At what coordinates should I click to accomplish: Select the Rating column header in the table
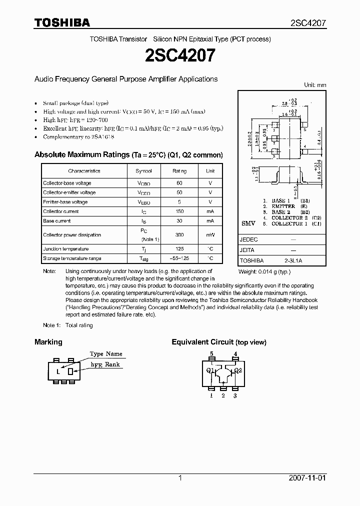pos(179,171)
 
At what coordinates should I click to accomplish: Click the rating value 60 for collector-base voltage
pos(179,183)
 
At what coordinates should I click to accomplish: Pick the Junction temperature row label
pos(65,249)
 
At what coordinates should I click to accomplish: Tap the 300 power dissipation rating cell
pos(179,235)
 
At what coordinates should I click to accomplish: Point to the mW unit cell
pos(210,235)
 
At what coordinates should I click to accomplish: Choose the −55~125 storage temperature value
pos(179,258)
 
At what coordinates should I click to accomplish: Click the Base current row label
pos(56,221)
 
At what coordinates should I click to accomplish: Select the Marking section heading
pos(48,342)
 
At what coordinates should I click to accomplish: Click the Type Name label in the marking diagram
pos(106,354)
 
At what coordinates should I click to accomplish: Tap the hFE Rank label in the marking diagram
pos(105,365)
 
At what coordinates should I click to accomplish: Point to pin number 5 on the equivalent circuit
pos(211,354)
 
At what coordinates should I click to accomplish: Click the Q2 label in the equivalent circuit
pos(238,370)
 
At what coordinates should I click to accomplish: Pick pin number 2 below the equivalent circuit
pos(223,395)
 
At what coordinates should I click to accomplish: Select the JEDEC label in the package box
pos(248,239)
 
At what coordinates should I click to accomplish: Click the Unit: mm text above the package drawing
pos(315,85)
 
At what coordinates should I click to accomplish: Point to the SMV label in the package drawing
pos(248,223)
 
